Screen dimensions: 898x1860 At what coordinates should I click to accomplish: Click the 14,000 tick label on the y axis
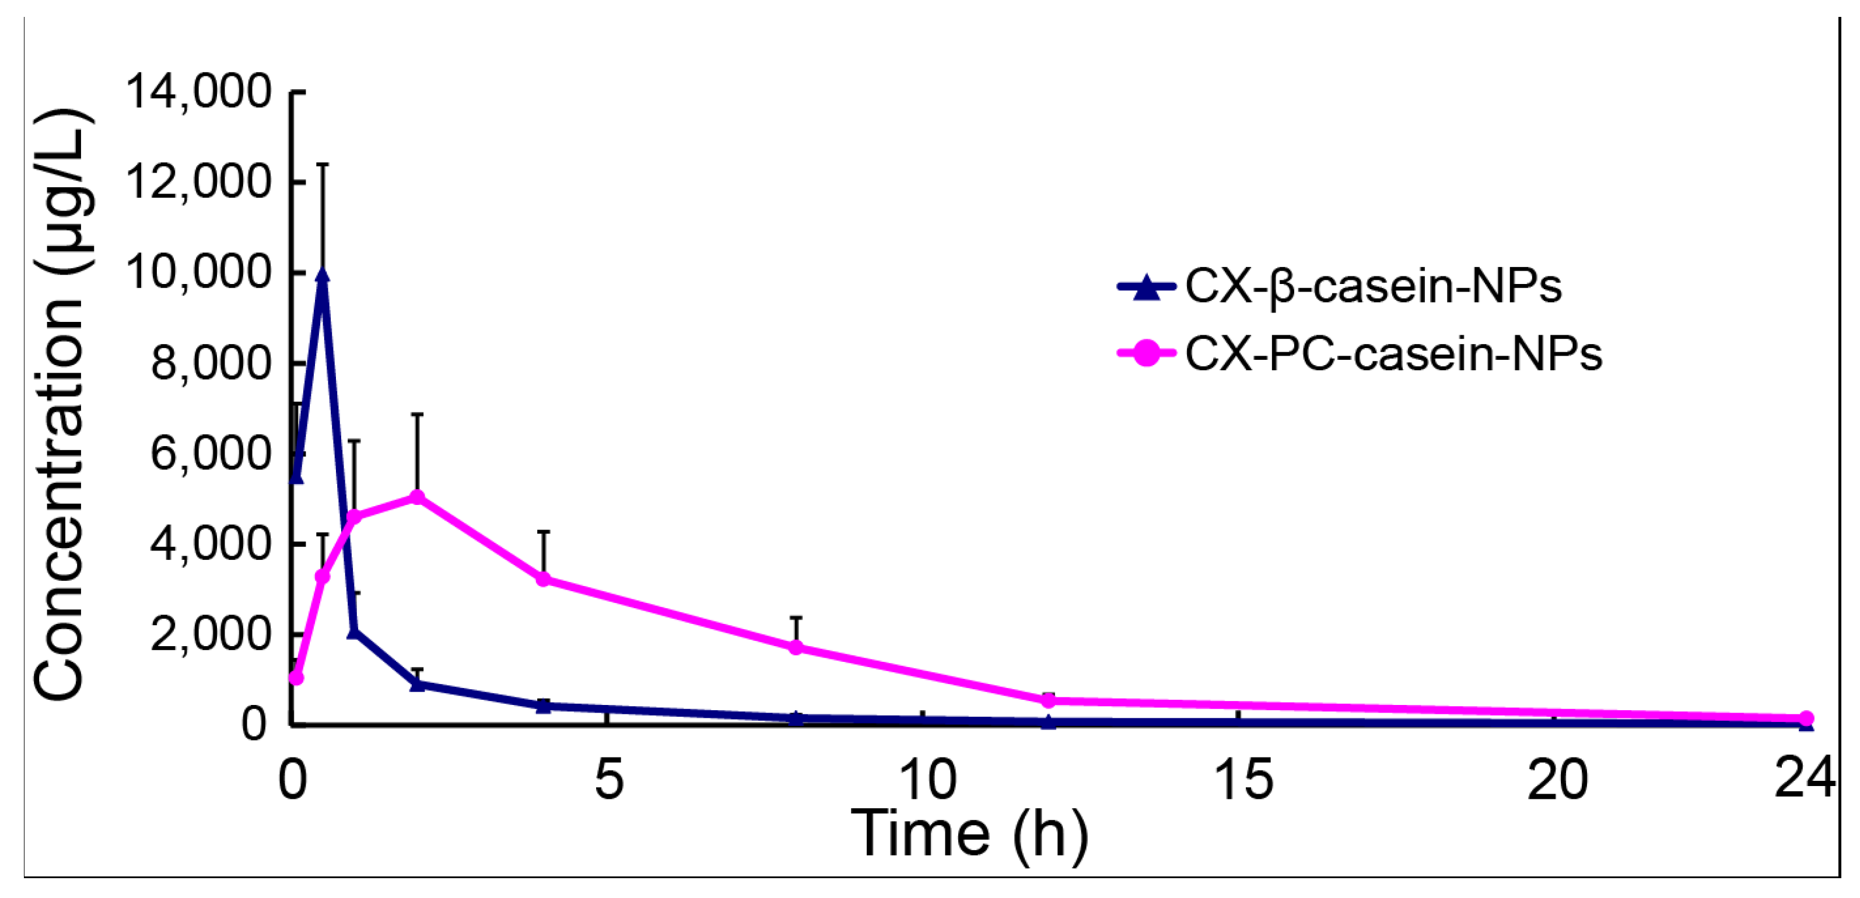pos(198,92)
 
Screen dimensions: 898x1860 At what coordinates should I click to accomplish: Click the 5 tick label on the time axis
pos(609,780)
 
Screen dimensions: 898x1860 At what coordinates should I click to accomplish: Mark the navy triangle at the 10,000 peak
pos(323,276)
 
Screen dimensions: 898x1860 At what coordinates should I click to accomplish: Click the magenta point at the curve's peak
pos(416,497)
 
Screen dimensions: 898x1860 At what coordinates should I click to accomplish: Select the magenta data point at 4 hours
pos(544,579)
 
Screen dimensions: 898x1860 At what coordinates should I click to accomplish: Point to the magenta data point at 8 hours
pos(796,647)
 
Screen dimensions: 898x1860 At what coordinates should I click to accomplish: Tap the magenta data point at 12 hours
pos(1049,700)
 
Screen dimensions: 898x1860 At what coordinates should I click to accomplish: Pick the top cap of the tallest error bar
pos(323,164)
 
